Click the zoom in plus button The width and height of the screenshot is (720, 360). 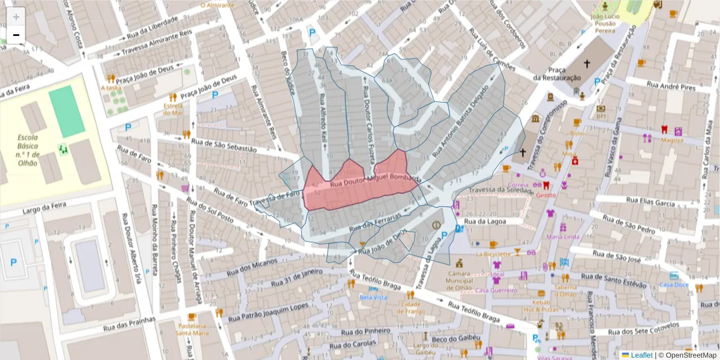click(x=16, y=16)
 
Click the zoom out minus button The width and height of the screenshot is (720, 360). click(x=16, y=35)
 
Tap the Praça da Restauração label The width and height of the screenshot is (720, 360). click(x=557, y=74)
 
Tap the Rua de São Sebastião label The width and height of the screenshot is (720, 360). click(x=223, y=145)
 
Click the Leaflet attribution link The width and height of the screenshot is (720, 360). click(x=641, y=355)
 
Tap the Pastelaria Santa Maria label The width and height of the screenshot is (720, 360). click(x=193, y=329)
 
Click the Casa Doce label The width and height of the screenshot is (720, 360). click(x=674, y=284)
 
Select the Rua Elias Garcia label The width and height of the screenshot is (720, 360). click(x=651, y=202)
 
